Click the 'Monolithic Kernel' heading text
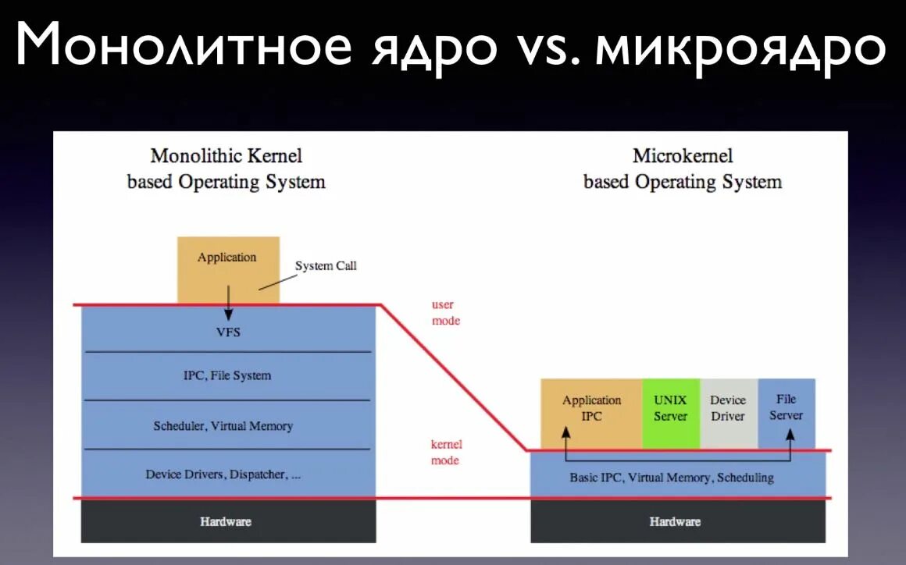226,155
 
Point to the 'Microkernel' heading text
683,155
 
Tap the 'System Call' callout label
326,266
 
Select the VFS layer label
228,332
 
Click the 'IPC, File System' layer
227,375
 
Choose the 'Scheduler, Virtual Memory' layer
223,426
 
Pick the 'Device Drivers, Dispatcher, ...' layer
223,474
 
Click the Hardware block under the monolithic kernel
226,521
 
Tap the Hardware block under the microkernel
676,521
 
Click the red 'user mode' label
445,313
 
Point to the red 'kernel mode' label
446,453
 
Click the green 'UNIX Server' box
670,408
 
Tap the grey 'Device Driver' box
728,408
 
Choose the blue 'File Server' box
787,407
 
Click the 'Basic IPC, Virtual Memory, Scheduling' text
672,478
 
